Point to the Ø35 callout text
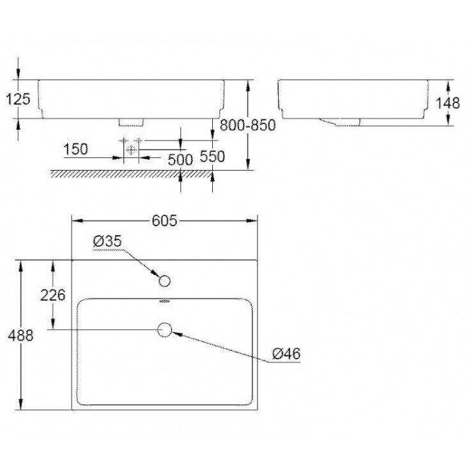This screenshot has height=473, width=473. pyautogui.click(x=107, y=242)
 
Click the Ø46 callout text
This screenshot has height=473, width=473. pyautogui.click(x=286, y=353)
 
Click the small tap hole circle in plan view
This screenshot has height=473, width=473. pyautogui.click(x=164, y=281)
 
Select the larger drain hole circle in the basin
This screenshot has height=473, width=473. pyautogui.click(x=165, y=329)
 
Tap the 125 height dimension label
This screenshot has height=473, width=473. pyautogui.click(x=17, y=99)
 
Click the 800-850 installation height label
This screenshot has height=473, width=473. pyautogui.click(x=247, y=125)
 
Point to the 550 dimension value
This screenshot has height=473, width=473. pyautogui.click(x=212, y=157)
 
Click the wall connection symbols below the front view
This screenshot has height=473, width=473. pyautogui.click(x=130, y=146)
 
